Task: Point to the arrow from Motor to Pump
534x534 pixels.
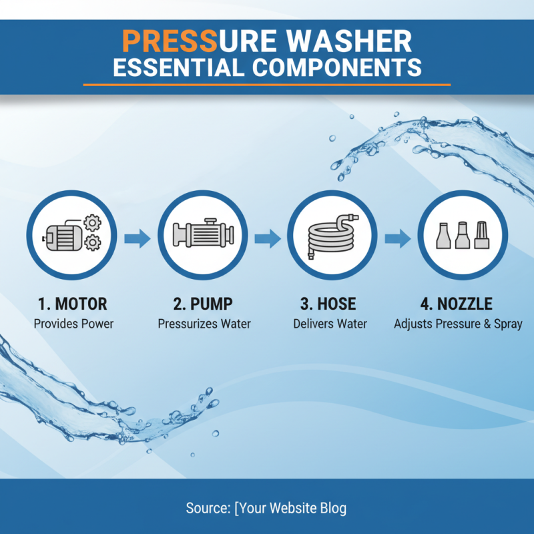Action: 138,238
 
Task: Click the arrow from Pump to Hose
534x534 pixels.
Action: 267,238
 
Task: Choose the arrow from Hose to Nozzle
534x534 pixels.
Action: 397,238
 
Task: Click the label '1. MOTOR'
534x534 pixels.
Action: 73,304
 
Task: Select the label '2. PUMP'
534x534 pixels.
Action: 203,304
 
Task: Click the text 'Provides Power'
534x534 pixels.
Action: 73,324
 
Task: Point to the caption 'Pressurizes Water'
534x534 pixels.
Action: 204,324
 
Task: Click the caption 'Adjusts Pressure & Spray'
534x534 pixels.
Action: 458,324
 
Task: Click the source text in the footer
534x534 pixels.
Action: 266,508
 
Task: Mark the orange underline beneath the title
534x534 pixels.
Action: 267,85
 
